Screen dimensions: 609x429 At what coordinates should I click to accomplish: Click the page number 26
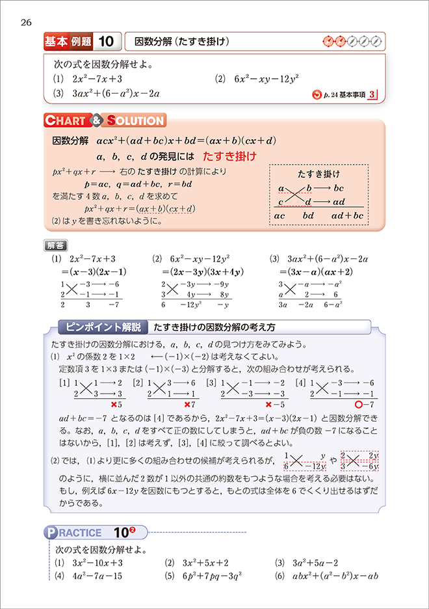[26, 23]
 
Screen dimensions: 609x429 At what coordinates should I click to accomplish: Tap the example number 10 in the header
[107, 42]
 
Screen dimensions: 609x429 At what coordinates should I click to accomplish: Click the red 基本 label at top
[56, 42]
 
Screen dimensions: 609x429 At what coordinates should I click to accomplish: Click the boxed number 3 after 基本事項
[371, 95]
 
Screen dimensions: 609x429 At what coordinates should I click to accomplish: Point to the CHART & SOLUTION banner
[104, 120]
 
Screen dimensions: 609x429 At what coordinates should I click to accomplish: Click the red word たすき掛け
[229, 157]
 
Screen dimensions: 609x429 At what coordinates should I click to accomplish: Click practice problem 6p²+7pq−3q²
[214, 576]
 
